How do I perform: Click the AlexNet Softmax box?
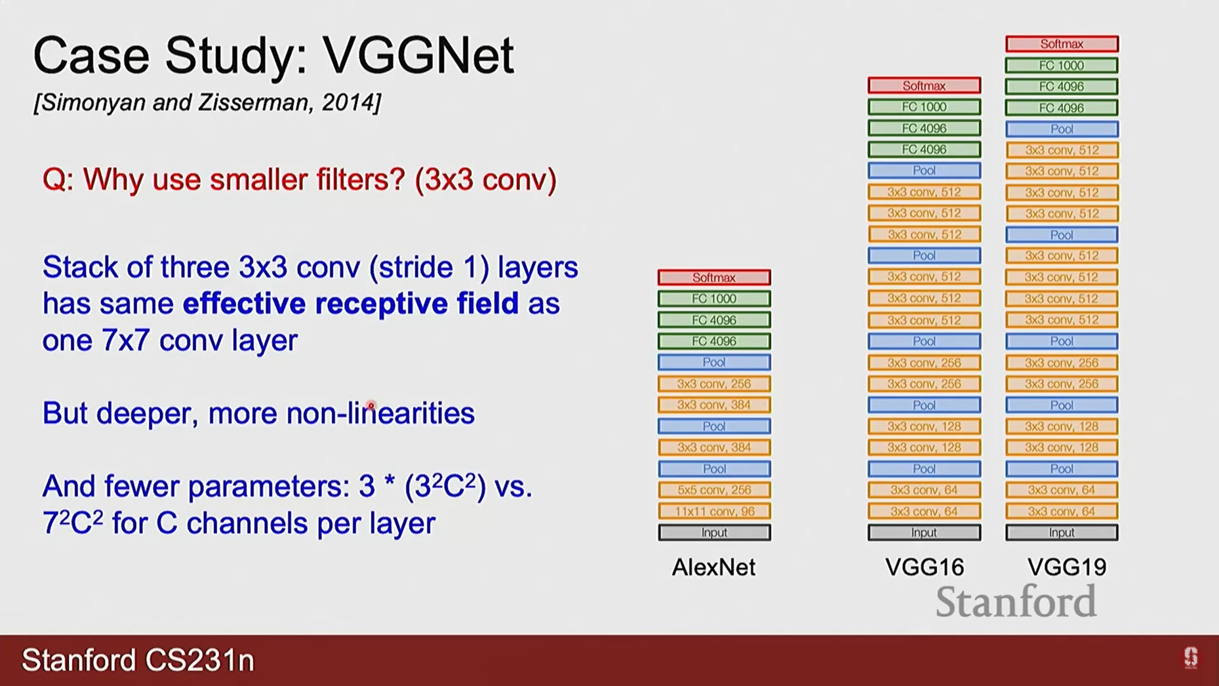coord(714,278)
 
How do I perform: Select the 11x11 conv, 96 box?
coord(714,511)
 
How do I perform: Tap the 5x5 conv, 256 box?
coord(714,490)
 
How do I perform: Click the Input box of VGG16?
coord(924,532)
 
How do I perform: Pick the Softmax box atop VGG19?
coord(1062,44)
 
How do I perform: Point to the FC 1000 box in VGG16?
coord(924,107)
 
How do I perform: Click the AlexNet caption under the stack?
coord(714,567)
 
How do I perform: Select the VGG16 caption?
coord(924,567)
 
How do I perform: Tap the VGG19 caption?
coord(1067,567)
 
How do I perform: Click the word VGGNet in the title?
coord(418,56)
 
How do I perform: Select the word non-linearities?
coord(380,414)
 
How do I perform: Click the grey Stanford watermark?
coord(1016,602)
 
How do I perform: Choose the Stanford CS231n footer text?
coord(138,661)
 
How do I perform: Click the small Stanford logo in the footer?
coord(1190,658)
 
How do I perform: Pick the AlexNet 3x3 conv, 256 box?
coord(714,384)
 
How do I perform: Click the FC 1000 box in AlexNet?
coord(714,299)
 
